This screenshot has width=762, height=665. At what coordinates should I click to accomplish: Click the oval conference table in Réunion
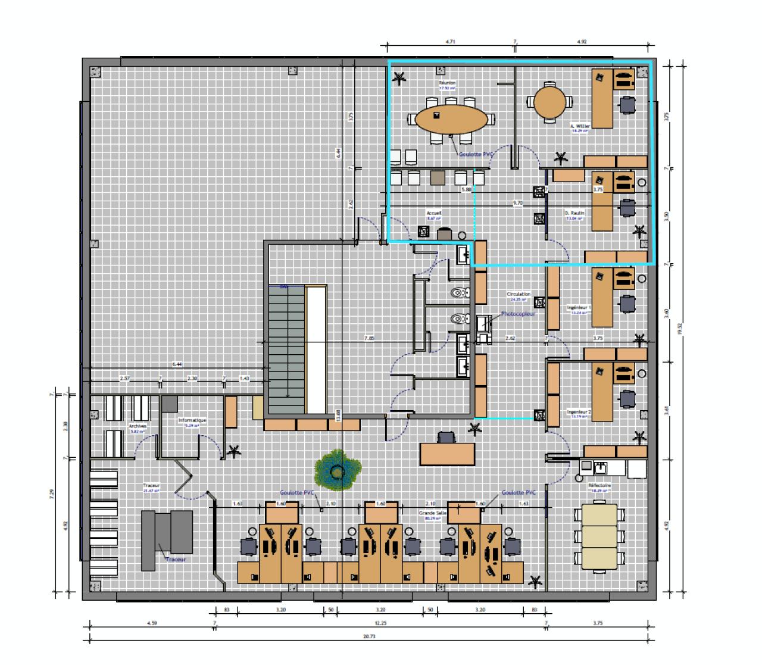(449, 119)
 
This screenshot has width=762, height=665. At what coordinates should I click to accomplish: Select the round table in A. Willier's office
(549, 103)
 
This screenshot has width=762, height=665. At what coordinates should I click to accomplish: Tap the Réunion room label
(447, 83)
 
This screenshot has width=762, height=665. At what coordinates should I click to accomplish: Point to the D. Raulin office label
(574, 213)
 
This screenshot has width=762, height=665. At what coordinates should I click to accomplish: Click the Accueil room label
(433, 213)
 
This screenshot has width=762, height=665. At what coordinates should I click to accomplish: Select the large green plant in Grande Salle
(338, 470)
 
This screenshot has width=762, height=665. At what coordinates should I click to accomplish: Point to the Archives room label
(138, 426)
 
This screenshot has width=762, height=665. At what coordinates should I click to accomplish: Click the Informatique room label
(192, 420)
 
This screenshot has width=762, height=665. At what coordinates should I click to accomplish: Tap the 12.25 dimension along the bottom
(380, 623)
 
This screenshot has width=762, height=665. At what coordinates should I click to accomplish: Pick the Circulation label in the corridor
(519, 294)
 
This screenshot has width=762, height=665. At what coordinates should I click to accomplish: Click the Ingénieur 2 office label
(579, 411)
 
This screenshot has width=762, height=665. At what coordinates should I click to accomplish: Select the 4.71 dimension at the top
(450, 42)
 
